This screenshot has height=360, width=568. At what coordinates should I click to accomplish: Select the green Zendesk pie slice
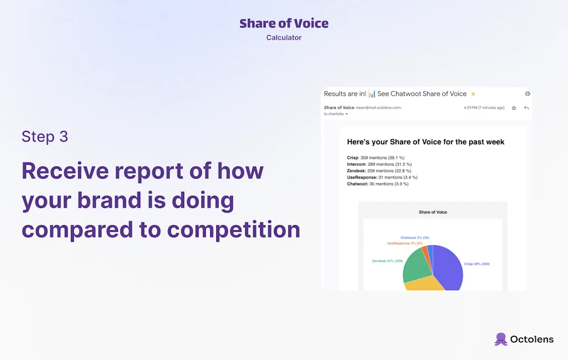point(416,267)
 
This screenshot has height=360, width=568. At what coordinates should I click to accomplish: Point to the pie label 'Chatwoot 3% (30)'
point(414,238)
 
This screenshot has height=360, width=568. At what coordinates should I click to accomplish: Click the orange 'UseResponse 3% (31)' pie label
point(405,244)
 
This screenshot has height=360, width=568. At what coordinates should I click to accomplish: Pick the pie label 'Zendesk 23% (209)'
point(387,260)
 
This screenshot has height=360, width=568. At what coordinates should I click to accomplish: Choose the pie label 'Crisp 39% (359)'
point(476,264)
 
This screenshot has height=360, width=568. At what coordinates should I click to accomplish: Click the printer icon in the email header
point(528,94)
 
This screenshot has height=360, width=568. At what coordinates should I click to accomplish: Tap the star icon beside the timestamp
point(514,108)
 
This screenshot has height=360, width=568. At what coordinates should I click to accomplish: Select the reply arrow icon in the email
point(526,108)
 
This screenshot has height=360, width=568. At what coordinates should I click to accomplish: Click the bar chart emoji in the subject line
point(372,94)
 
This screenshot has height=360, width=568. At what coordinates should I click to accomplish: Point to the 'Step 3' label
point(45,136)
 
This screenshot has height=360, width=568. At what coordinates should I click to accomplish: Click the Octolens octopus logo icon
point(501,339)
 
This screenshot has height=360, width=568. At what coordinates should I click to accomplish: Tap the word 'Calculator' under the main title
point(284,38)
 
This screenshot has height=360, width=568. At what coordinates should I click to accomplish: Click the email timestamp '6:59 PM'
point(471,108)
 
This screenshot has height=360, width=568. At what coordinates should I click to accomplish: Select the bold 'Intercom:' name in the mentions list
point(357,164)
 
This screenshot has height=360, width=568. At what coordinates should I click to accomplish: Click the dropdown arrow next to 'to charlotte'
point(347,114)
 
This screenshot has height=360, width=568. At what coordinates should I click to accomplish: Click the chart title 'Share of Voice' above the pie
point(433,212)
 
